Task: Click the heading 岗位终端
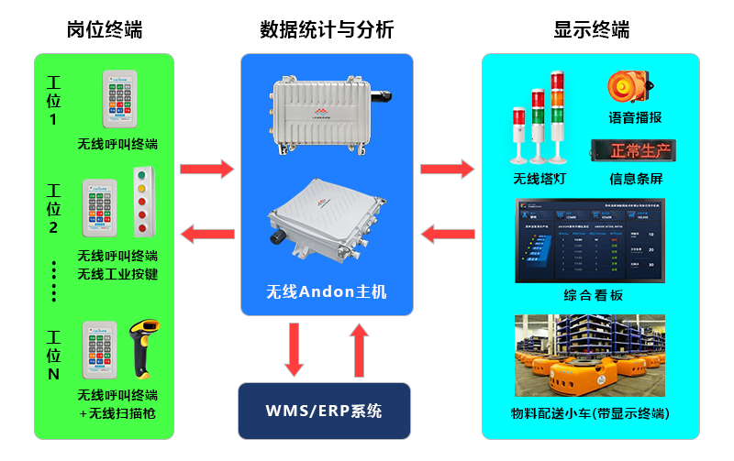pyautogui.click(x=104, y=29)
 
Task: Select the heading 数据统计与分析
pyautogui.click(x=327, y=29)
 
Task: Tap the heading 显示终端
pyautogui.click(x=591, y=29)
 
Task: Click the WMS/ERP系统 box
pyautogui.click(x=324, y=411)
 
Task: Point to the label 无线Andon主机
pyautogui.click(x=327, y=292)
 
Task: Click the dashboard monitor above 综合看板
pyautogui.click(x=590, y=241)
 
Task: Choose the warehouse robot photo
pyautogui.click(x=590, y=356)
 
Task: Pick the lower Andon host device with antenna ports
pyautogui.click(x=326, y=224)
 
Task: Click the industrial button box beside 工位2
pyautogui.click(x=141, y=202)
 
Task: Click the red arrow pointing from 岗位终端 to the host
pyautogui.click(x=206, y=169)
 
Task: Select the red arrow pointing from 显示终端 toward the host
pyautogui.click(x=447, y=235)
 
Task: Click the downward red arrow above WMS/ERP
pyautogui.click(x=294, y=349)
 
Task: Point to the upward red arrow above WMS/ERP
pyautogui.click(x=359, y=349)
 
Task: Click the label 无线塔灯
pyautogui.click(x=539, y=178)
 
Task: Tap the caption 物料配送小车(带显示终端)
pyautogui.click(x=590, y=413)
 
